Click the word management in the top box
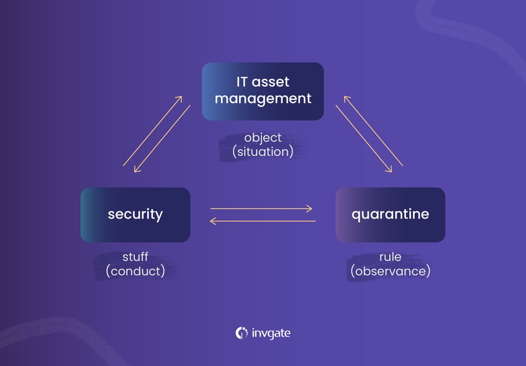tap(263, 99)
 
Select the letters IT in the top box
tap(242, 83)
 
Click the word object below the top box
tap(263, 138)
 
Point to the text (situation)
tap(263, 151)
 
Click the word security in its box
tap(135, 214)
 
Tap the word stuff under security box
tap(135, 257)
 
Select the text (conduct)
tap(135, 272)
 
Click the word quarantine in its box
tap(390, 214)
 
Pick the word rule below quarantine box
tap(390, 257)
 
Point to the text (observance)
tap(390, 272)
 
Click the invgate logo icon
tap(241, 333)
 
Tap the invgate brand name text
tap(271, 333)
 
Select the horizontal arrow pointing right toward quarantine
tap(261, 209)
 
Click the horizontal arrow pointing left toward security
tap(261, 221)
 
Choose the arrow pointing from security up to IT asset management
tap(152, 131)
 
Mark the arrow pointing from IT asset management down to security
tap(162, 139)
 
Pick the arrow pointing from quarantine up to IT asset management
tap(373, 131)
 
